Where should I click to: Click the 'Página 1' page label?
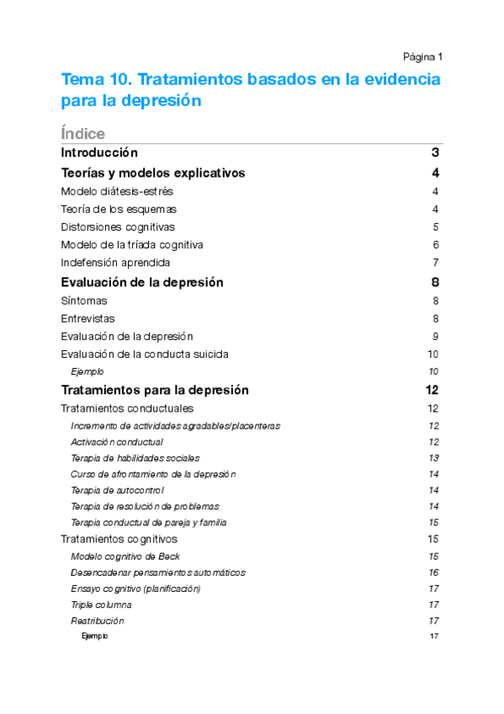422,56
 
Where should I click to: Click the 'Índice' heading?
82,134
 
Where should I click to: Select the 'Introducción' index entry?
99,153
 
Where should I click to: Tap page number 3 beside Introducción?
435,153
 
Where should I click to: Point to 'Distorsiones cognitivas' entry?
106,226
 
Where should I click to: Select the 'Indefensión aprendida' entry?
104,263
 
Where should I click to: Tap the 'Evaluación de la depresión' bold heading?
142,283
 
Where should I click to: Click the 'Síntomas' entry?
84,301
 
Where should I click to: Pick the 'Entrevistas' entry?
88,318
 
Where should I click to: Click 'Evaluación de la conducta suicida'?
145,354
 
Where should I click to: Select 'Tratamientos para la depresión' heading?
155,391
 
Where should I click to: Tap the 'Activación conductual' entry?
117,442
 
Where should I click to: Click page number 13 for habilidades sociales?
434,458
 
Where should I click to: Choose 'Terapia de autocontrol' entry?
117,490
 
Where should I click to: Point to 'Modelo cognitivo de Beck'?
125,557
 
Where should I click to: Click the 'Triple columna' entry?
101,605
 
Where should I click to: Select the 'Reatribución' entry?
98,621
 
